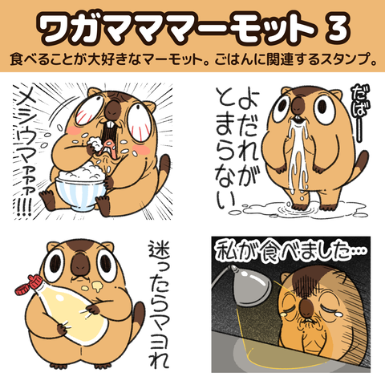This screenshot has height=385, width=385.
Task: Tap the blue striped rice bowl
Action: [x=79, y=195]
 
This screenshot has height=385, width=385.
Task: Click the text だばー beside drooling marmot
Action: [x=361, y=113]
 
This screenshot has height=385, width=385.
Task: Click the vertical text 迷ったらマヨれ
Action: [x=159, y=304]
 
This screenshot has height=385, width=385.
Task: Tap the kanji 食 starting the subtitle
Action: [x=17, y=59]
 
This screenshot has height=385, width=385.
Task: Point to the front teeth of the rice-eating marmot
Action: [x=110, y=125]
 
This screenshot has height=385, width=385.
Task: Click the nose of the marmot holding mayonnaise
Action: [x=79, y=264]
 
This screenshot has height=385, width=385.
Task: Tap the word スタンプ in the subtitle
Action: [x=339, y=59]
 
